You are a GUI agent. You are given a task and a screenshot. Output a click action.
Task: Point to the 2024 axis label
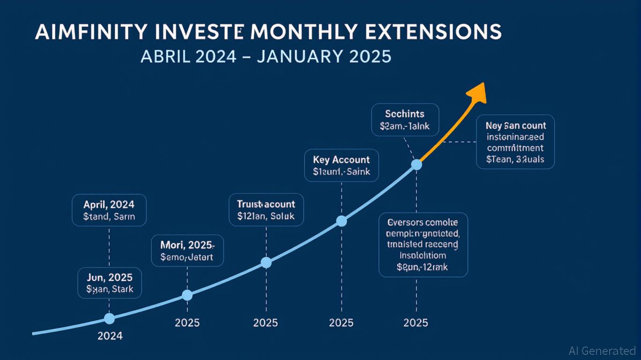coord(110,336)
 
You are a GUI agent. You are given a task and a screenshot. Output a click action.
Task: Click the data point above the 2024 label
coord(109,319)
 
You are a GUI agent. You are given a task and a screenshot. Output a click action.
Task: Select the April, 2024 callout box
coord(109,210)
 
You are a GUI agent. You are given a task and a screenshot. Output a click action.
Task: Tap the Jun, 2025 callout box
coord(109,283)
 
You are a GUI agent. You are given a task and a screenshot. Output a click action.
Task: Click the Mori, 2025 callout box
coord(187,250)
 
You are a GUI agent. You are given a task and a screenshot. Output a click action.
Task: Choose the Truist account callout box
coord(266,210)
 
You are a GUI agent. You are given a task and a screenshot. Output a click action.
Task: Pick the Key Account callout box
coord(341,165)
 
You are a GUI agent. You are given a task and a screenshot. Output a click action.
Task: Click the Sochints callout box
coord(405,120)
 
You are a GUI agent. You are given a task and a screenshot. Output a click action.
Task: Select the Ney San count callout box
coord(515,142)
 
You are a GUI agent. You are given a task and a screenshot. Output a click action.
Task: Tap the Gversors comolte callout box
coord(423,244)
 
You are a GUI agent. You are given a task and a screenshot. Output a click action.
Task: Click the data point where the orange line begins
coord(416,165)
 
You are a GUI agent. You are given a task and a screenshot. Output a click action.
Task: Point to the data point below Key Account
coord(342,221)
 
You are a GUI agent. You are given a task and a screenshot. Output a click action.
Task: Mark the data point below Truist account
coord(266,262)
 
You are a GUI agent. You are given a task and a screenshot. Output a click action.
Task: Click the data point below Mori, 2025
coord(187,295)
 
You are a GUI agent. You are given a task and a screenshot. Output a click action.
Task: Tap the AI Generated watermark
coord(602,351)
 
